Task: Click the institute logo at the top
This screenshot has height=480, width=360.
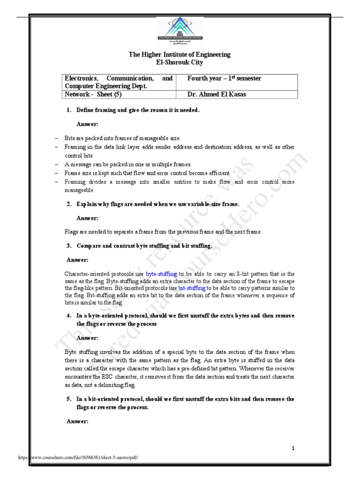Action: [180, 30]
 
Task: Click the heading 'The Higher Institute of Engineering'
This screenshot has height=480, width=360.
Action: [180, 54]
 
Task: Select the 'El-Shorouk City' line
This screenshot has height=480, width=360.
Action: [180, 62]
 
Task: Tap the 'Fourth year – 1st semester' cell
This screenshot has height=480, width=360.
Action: [224, 78]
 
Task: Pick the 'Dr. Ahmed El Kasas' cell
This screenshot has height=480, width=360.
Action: [216, 94]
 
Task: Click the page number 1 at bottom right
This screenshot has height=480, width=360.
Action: [293, 448]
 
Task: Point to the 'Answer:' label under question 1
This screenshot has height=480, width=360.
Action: [87, 124]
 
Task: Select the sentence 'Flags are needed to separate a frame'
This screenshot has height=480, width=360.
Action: [163, 232]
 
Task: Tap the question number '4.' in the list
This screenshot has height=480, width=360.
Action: [69, 315]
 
